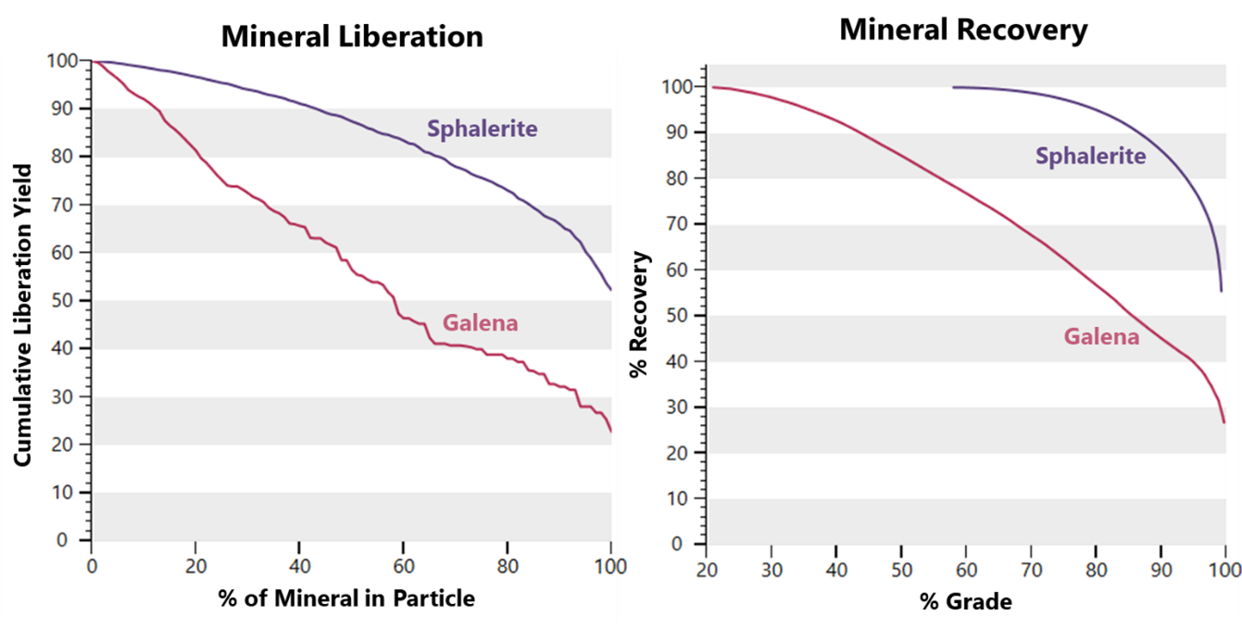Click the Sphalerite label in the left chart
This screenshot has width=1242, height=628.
tap(482, 129)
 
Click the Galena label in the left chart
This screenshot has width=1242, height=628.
tap(480, 323)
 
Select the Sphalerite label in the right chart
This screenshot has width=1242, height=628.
tap(1090, 156)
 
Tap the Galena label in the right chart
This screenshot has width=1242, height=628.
tap(1101, 336)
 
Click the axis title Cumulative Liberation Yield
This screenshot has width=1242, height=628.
tap(24, 316)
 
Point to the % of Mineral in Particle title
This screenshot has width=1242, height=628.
tap(346, 598)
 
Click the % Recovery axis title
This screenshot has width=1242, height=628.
tap(638, 315)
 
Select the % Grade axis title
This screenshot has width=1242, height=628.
tap(966, 601)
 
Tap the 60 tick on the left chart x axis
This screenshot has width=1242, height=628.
tap(403, 566)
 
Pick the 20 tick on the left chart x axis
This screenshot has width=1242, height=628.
tap(195, 566)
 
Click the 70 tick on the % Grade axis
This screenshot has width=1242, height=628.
tap(1030, 567)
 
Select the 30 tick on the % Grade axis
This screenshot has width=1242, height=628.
tap(771, 567)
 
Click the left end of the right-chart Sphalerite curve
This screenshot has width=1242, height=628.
tap(954, 87)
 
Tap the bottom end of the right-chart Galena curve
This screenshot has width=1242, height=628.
tap(1223, 422)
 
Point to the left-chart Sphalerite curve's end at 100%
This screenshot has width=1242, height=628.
tap(610, 290)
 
